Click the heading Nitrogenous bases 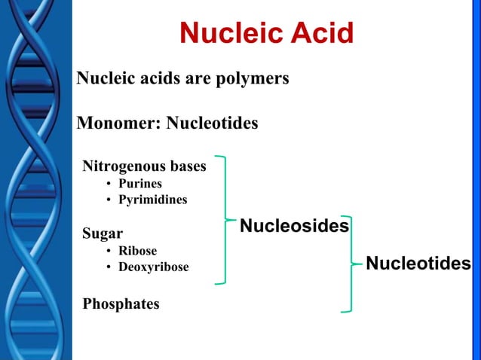pyautogui.click(x=143, y=166)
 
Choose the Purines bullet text pyautogui.click(x=140, y=183)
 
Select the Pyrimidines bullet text pyautogui.click(x=153, y=200)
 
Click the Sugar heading pyautogui.click(x=103, y=233)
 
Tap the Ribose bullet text pyautogui.click(x=138, y=251)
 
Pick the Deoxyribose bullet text pyautogui.click(x=154, y=267)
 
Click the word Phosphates pyautogui.click(x=121, y=304)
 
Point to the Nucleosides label pyautogui.click(x=294, y=226)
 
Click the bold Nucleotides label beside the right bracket pyautogui.click(x=418, y=264)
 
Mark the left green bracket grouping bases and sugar pyautogui.click(x=224, y=220)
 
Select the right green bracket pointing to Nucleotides pyautogui.click(x=350, y=263)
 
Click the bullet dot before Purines pyautogui.click(x=109, y=184)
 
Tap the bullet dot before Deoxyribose pyautogui.click(x=109, y=268)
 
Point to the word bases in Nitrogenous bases pyautogui.click(x=186, y=166)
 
